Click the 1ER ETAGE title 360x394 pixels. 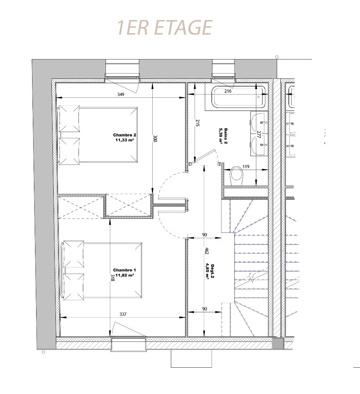[165, 27]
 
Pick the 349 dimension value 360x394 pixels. [121, 94]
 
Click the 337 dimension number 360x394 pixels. [123, 314]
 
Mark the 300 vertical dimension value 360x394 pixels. [155, 139]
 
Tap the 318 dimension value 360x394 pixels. [112, 277]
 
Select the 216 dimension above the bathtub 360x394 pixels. [228, 91]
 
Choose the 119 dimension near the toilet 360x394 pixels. [246, 166]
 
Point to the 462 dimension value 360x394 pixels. [207, 251]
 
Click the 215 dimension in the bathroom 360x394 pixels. [198, 123]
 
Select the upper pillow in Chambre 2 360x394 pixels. [69, 119]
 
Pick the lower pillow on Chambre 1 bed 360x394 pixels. [73, 287]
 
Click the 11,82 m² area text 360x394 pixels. [125, 275]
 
